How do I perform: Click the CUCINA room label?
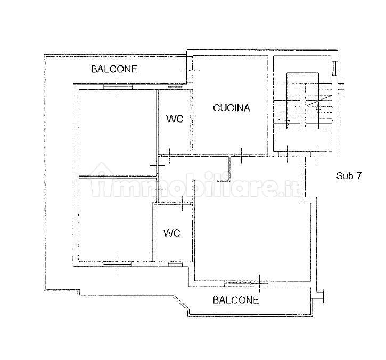pos(232,108)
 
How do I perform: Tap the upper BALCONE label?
pos(114,69)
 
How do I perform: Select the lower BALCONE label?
pos(236,300)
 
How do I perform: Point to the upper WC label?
pos(175,119)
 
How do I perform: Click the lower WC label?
pos(172,233)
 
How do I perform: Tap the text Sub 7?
pos(349,175)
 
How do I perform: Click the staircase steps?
pos(303,106)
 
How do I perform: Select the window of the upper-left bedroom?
pos(118,87)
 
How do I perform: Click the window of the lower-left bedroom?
pos(117,264)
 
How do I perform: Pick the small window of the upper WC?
pos(175,87)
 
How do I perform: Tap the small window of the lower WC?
pos(175,264)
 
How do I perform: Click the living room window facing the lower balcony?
pos(246,284)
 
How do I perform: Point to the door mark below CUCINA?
pos(241,156)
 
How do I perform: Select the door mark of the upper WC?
pos(169,156)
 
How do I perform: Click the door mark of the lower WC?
pos(182,204)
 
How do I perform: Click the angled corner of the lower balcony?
pos(180,303)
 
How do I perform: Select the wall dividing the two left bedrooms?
pos(118,177)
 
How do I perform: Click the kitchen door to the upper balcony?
pos(190,70)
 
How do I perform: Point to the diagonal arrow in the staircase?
pos(317,101)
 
